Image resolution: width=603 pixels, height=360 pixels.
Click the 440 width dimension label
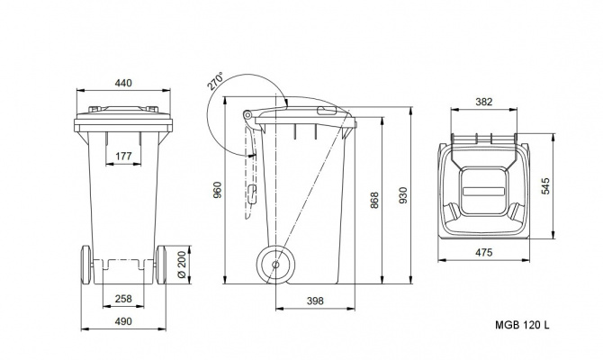point(123,83)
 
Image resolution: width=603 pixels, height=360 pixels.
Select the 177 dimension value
point(123,157)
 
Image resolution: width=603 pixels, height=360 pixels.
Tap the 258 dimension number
point(123,299)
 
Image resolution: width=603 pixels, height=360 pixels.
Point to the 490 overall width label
point(123,321)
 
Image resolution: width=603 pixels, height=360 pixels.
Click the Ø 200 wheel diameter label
point(182,265)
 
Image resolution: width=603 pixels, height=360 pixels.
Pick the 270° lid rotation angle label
point(215,81)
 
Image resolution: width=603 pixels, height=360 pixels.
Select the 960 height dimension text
point(217,190)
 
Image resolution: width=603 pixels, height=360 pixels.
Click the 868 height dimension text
point(374,200)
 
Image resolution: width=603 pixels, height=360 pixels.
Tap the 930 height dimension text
point(402,195)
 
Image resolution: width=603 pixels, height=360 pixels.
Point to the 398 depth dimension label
point(315,301)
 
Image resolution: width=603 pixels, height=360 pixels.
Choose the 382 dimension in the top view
point(484,102)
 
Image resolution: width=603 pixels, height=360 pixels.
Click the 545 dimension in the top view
point(545,186)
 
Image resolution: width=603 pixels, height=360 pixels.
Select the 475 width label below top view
point(484,253)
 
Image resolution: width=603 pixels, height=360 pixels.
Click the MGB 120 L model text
point(522,325)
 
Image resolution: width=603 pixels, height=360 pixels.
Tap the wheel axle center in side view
point(275,265)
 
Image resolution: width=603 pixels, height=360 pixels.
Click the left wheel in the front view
point(86,265)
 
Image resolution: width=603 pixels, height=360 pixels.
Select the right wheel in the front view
point(161,265)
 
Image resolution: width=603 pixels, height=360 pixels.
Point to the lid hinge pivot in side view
point(247,114)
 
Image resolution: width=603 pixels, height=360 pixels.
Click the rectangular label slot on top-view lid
point(483,191)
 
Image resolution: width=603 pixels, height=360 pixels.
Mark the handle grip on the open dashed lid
point(252,194)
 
